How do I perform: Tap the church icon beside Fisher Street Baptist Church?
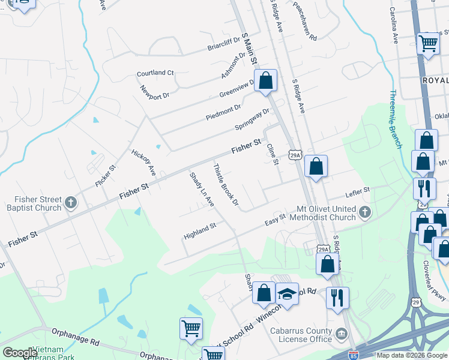pyautogui.click(x=71, y=202)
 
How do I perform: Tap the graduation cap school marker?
pyautogui.click(x=288, y=294)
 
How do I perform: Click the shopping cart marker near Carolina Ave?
pyautogui.click(x=428, y=43)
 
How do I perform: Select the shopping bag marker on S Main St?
pyautogui.click(x=266, y=80)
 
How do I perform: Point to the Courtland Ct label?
pyautogui.click(x=155, y=73)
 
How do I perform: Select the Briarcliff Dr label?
pyautogui.click(x=223, y=46)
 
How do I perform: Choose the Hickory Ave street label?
pyautogui.click(x=143, y=162)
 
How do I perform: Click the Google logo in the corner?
pyautogui.click(x=20, y=353)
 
